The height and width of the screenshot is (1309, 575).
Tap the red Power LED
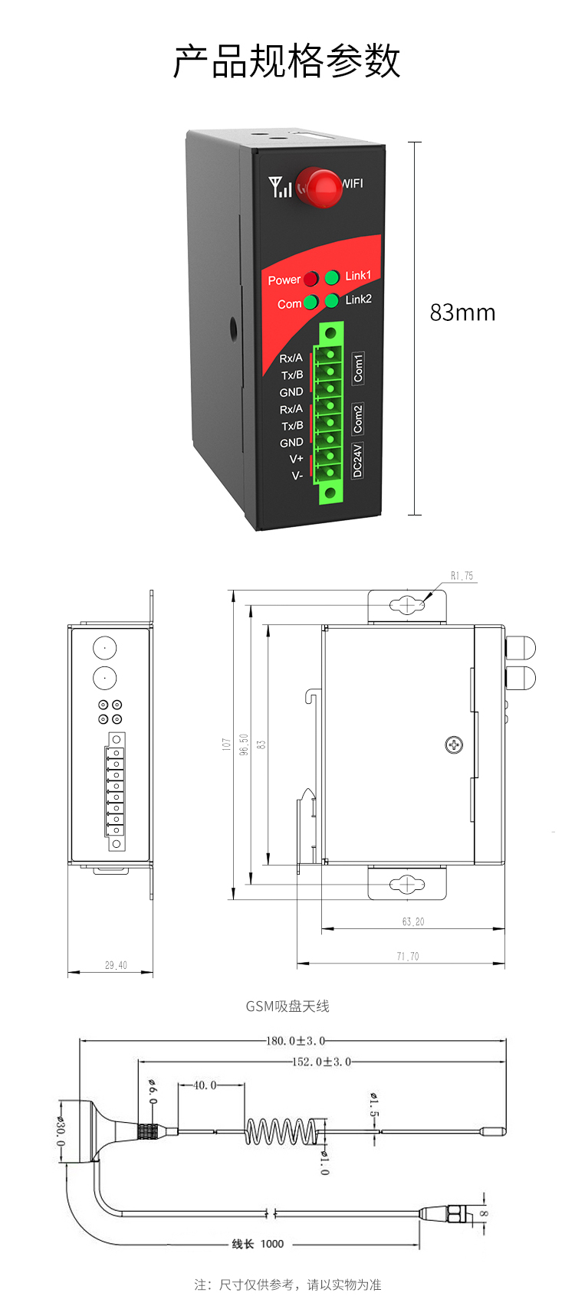[311, 279]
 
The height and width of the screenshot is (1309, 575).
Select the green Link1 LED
[332, 277]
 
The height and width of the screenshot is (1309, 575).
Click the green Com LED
[310, 303]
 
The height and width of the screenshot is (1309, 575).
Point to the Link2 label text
[358, 299]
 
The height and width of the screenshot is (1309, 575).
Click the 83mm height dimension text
[462, 313]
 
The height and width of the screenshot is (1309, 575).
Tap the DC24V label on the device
[357, 460]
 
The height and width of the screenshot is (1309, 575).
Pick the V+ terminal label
[296, 459]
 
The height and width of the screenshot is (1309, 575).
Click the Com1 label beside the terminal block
[358, 368]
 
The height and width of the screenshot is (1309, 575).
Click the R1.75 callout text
[462, 576]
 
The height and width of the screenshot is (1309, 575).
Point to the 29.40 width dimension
[116, 965]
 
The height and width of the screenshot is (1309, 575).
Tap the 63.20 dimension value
[412, 921]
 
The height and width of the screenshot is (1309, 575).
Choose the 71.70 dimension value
[408, 956]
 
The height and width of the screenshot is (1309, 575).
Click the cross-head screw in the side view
[454, 744]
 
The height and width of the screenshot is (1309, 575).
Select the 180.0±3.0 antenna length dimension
[295, 1041]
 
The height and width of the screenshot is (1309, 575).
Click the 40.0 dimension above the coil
[205, 1085]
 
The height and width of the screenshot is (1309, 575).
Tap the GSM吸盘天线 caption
[287, 1006]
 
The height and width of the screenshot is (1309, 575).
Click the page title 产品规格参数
[287, 61]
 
